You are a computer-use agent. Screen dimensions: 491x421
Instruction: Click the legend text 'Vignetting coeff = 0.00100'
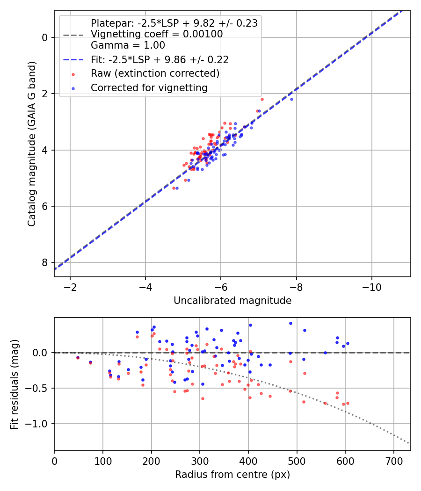coord(157,34)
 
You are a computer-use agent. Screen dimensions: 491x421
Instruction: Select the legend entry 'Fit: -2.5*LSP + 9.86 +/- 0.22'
coord(160,60)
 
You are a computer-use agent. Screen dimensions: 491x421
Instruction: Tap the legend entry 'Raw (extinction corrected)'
coord(155,73)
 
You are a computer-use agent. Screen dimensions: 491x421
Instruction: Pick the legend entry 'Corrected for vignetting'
coord(149,87)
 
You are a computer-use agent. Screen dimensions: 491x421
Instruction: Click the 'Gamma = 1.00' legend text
coord(128,45)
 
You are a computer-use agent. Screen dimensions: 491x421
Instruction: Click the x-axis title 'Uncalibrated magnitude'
coord(232,301)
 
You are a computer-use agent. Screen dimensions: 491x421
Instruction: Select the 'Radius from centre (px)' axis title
coord(232,475)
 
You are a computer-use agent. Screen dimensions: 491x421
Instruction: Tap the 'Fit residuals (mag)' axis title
coord(15,384)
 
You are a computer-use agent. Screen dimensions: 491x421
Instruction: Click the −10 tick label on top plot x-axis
coord(371,286)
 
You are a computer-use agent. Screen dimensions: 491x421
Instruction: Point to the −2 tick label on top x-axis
coord(70,286)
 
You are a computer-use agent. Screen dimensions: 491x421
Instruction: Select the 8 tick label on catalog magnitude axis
coord(45,262)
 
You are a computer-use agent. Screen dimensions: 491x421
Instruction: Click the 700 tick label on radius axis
coord(393,460)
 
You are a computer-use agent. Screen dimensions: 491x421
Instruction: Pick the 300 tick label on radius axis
coord(200,460)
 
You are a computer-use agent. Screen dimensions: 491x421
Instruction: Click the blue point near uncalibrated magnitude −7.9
coord(291,99)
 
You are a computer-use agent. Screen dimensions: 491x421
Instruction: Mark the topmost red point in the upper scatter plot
coord(262,99)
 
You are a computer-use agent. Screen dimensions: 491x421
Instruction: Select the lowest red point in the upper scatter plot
coord(174,188)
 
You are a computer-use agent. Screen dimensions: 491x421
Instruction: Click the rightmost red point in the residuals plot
coord(348,403)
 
